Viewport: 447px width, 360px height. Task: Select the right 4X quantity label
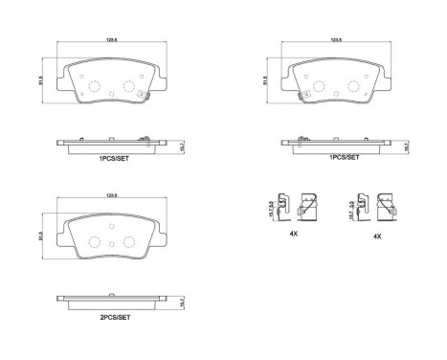378,236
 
